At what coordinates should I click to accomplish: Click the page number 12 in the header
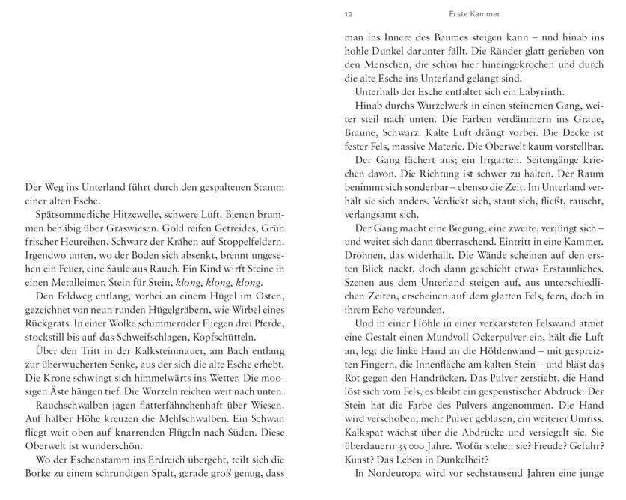(349, 13)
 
